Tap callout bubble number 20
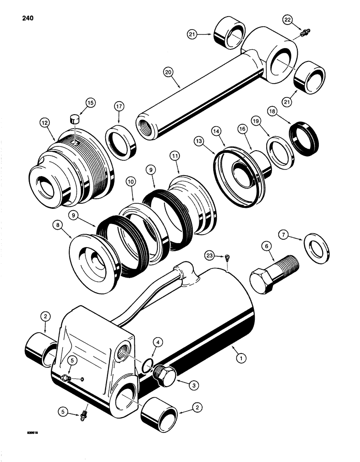pos(169,72)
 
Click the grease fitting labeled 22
pos(304,33)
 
